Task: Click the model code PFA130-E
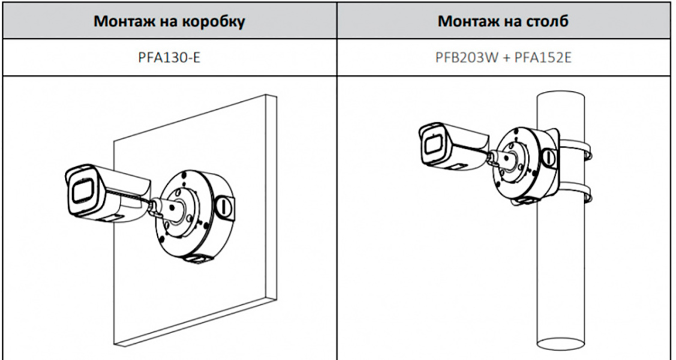pyautogui.click(x=169, y=58)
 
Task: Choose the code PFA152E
pyautogui.click(x=543, y=58)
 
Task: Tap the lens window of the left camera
pyautogui.click(x=82, y=190)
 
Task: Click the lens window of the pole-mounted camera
pyautogui.click(x=432, y=143)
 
